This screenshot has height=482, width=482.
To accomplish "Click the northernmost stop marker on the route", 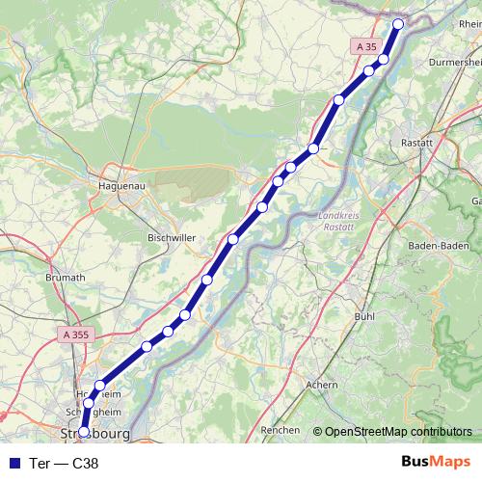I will point(398,23).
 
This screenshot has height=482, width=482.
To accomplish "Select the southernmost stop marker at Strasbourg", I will point(84,432).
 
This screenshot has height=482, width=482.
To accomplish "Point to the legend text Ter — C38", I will point(65,463).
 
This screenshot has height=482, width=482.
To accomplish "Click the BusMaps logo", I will point(436,462).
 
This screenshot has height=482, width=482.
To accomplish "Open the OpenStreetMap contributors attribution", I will point(398,432).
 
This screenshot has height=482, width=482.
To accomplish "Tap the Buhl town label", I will point(364,315).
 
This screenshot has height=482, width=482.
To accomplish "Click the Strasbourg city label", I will point(95,433).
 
